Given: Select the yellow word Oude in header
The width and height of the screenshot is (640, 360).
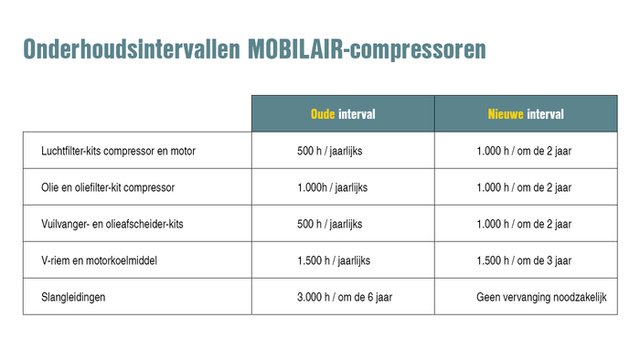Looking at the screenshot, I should pyautogui.click(x=323, y=114).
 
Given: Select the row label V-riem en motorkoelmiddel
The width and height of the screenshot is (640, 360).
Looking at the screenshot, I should pyautogui.click(x=100, y=260).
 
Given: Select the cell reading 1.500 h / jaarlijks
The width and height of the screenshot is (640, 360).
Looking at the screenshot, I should pyautogui.click(x=334, y=260).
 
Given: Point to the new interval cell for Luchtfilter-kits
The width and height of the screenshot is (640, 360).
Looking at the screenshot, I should pyautogui.click(x=524, y=151).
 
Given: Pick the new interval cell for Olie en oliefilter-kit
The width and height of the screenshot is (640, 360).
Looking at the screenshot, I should pyautogui.click(x=524, y=187).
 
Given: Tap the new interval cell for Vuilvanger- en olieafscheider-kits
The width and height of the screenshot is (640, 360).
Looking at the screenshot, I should pyautogui.click(x=524, y=224).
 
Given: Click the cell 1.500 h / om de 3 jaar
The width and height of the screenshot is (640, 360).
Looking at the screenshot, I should pyautogui.click(x=524, y=260).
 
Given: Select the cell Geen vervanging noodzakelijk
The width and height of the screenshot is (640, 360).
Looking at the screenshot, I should pyautogui.click(x=541, y=297).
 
